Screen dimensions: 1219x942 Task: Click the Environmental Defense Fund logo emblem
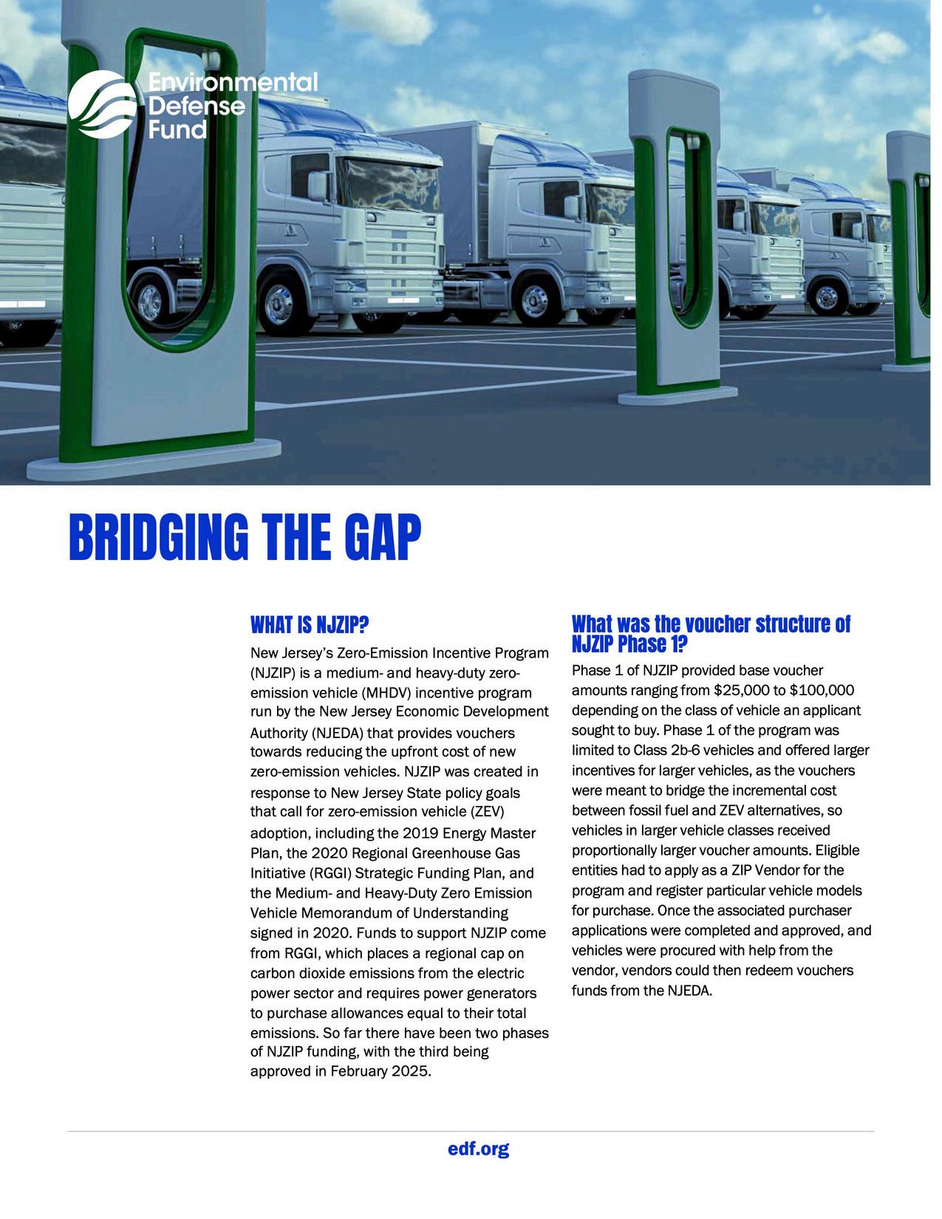click(102, 105)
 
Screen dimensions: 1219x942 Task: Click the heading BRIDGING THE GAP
click(244, 537)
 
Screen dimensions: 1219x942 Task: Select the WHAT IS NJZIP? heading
click(309, 626)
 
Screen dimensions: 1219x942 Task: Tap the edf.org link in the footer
click(478, 1149)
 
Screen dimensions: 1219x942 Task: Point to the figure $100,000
click(822, 691)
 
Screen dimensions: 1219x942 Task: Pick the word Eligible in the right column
click(838, 850)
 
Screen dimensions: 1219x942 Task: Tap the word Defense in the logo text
click(197, 106)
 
